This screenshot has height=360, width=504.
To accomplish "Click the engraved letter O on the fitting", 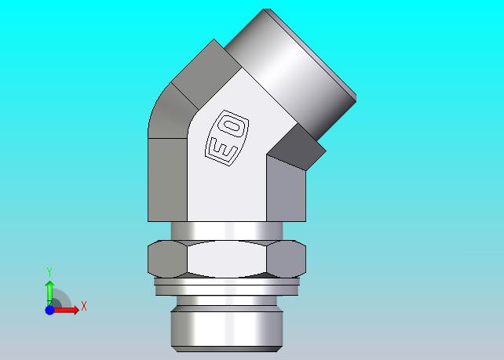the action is click(x=232, y=126).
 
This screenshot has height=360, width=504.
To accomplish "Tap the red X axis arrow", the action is click(x=66, y=310).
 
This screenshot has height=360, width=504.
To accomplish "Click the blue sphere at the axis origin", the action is click(x=49, y=311).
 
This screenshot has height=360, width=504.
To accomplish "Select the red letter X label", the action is click(x=84, y=306).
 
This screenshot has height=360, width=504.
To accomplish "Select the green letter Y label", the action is click(x=49, y=271).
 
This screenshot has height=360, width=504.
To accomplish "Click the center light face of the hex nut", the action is click(x=227, y=259).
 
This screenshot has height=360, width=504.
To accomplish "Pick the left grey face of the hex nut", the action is click(x=167, y=259).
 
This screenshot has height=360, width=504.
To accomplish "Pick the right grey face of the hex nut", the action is click(x=287, y=259).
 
